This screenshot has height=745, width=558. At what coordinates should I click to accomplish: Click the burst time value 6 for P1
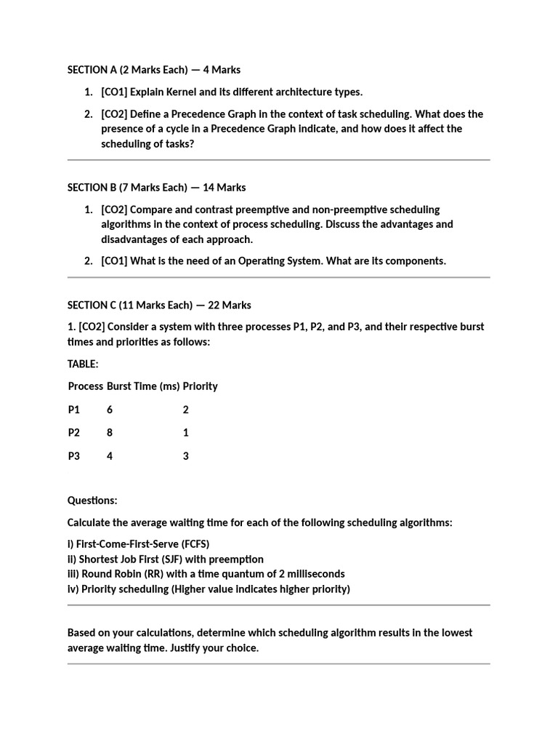tap(110, 410)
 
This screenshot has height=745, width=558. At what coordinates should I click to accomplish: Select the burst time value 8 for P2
tap(110, 433)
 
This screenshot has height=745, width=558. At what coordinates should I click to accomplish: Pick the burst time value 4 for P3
tap(110, 456)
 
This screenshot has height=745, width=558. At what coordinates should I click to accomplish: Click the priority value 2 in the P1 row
tap(186, 410)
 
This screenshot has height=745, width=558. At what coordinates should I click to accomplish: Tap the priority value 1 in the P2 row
tap(186, 433)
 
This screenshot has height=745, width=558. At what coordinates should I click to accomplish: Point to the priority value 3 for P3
tap(186, 456)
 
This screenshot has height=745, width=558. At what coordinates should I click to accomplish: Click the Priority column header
tap(200, 386)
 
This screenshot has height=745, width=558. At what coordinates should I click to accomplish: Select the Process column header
tap(86, 386)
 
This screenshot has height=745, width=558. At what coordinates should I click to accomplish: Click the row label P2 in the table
tap(74, 433)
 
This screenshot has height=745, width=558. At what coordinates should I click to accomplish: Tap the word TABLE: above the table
tap(83, 363)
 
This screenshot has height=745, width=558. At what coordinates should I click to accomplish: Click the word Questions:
tap(92, 501)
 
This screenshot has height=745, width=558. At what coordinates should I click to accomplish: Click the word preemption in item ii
tap(236, 559)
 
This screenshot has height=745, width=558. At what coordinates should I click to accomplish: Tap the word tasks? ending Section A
tap(179, 143)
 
